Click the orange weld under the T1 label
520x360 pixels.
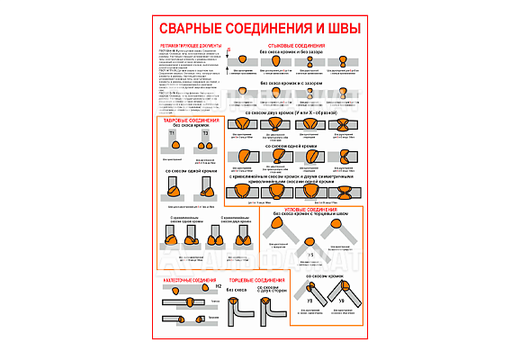tap(175, 146)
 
